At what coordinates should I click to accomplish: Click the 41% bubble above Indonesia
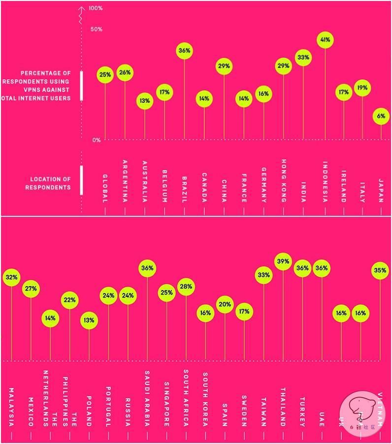(x=325, y=39)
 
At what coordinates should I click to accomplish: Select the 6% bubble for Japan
(x=381, y=116)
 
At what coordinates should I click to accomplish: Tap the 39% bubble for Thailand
(x=283, y=262)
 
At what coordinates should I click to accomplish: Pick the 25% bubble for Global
(x=105, y=75)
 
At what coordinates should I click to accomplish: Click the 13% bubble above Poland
(x=89, y=320)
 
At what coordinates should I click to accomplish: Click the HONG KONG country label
(x=284, y=180)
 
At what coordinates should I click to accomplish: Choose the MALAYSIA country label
(x=11, y=407)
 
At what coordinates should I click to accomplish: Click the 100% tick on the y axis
(x=96, y=8)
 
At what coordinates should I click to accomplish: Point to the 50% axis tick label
(x=97, y=30)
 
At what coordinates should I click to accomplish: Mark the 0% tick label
(x=96, y=140)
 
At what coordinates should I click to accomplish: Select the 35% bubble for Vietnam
(x=380, y=270)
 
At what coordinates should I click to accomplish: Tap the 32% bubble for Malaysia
(x=11, y=277)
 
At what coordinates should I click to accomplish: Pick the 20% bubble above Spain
(x=225, y=304)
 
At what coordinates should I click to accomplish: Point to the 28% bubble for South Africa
(x=186, y=287)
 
